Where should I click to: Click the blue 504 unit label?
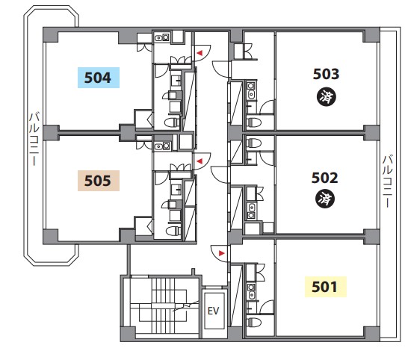[99, 78]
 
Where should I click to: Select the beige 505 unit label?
[99, 181]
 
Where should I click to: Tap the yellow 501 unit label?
[326, 287]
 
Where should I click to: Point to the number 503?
[326, 74]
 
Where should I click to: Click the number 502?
[324, 178]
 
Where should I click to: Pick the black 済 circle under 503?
[327, 97]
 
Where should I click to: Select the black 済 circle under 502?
[325, 199]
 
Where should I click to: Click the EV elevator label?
[214, 311]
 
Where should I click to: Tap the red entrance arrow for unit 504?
[200, 53]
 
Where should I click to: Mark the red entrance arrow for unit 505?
[200, 161]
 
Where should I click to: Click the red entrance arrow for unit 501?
[222, 253]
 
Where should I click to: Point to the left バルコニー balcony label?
[34, 139]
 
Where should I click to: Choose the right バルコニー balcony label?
[387, 181]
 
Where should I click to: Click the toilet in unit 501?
[253, 323]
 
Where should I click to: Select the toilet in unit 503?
[253, 122]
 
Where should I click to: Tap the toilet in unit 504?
[172, 122]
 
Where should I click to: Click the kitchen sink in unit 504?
[162, 38]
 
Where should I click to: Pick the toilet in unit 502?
[253, 143]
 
